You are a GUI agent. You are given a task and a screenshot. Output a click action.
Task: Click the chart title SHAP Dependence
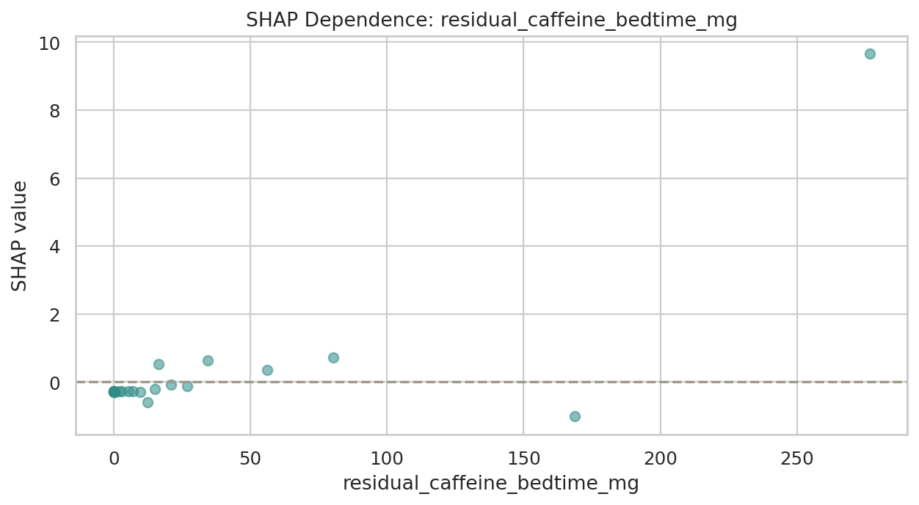pos(491,20)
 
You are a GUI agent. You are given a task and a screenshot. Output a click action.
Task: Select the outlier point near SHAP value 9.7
pos(870,54)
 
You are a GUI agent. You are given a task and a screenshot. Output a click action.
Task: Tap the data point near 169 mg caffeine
pos(575,416)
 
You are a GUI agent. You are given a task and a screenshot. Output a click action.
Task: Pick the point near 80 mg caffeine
pos(333,357)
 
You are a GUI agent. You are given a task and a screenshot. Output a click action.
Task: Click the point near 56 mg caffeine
pos(267,370)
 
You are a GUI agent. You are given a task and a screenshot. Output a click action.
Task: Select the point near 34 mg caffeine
pos(208,360)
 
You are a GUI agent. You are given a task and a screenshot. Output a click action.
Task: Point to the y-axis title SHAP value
pos(20,236)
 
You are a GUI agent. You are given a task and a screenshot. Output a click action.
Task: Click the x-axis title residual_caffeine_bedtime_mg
pos(491,484)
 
